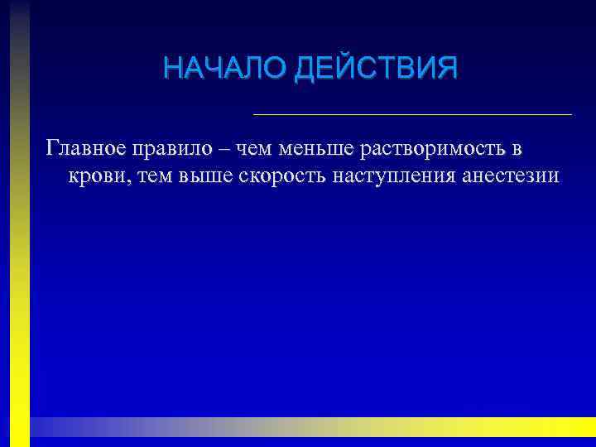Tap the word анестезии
point(508,175)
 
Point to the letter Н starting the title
point(171,67)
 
